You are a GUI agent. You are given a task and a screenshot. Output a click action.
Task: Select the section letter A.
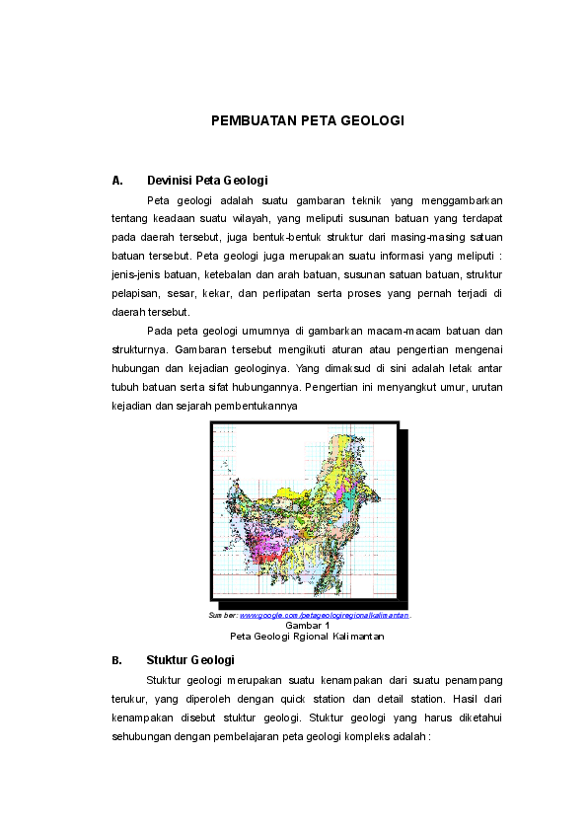pyautogui.click(x=117, y=181)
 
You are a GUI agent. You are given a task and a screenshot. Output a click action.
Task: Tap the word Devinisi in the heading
pyautogui.click(x=170, y=181)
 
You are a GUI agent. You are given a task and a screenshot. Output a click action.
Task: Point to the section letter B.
pyautogui.click(x=117, y=660)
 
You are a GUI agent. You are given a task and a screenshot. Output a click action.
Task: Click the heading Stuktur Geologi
pyautogui.click(x=189, y=660)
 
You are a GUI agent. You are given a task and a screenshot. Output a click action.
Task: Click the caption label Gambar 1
pyautogui.click(x=307, y=626)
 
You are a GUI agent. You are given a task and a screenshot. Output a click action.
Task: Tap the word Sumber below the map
pyautogui.click(x=223, y=615)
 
